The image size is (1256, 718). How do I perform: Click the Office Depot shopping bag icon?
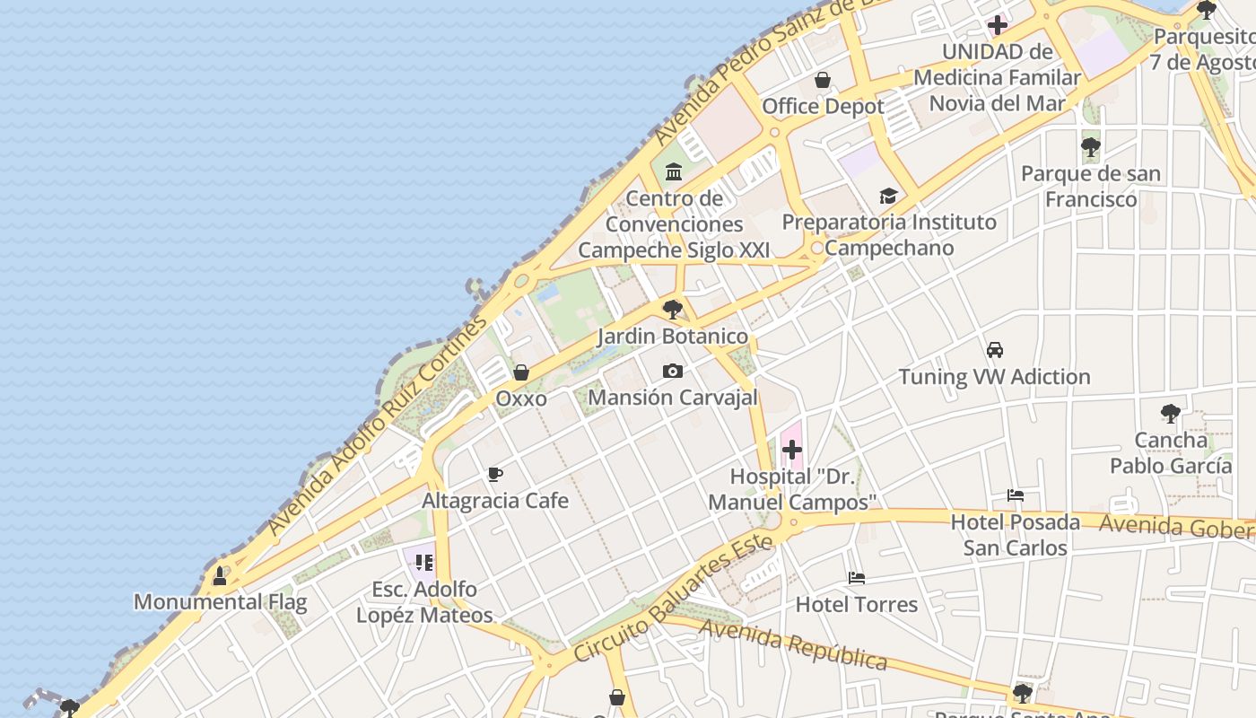pyautogui.click(x=822, y=80)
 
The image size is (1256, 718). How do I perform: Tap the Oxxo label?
pyautogui.click(x=521, y=398)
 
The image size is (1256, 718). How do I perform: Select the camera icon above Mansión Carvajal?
pyautogui.click(x=672, y=371)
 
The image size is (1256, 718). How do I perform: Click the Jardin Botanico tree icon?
pyautogui.click(x=672, y=311)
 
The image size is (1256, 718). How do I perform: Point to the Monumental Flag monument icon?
pyautogui.click(x=219, y=575)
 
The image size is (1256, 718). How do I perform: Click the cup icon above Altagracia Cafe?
pyautogui.click(x=495, y=474)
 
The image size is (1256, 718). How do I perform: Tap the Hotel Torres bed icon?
pyautogui.click(x=857, y=578)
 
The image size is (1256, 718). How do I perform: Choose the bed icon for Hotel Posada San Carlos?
pyautogui.click(x=1016, y=495)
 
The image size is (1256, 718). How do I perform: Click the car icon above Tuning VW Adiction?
pyautogui.click(x=995, y=350)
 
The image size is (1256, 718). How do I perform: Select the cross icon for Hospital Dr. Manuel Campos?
pyautogui.click(x=792, y=449)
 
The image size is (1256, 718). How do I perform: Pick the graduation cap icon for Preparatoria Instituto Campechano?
pyautogui.click(x=888, y=196)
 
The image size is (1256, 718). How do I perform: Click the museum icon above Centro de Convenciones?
pyautogui.click(x=674, y=171)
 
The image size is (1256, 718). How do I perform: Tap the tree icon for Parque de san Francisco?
pyautogui.click(x=1091, y=146)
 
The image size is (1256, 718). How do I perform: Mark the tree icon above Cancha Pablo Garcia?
pyautogui.click(x=1170, y=414)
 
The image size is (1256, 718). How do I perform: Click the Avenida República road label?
pyautogui.click(x=793, y=643)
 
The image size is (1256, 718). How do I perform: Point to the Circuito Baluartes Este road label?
pyautogui.click(x=673, y=598)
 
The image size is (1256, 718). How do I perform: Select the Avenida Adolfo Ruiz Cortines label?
pyautogui.click(x=377, y=426)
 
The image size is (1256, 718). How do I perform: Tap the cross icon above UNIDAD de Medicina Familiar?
pyautogui.click(x=998, y=25)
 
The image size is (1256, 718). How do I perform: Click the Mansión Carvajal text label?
pyautogui.click(x=672, y=397)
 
